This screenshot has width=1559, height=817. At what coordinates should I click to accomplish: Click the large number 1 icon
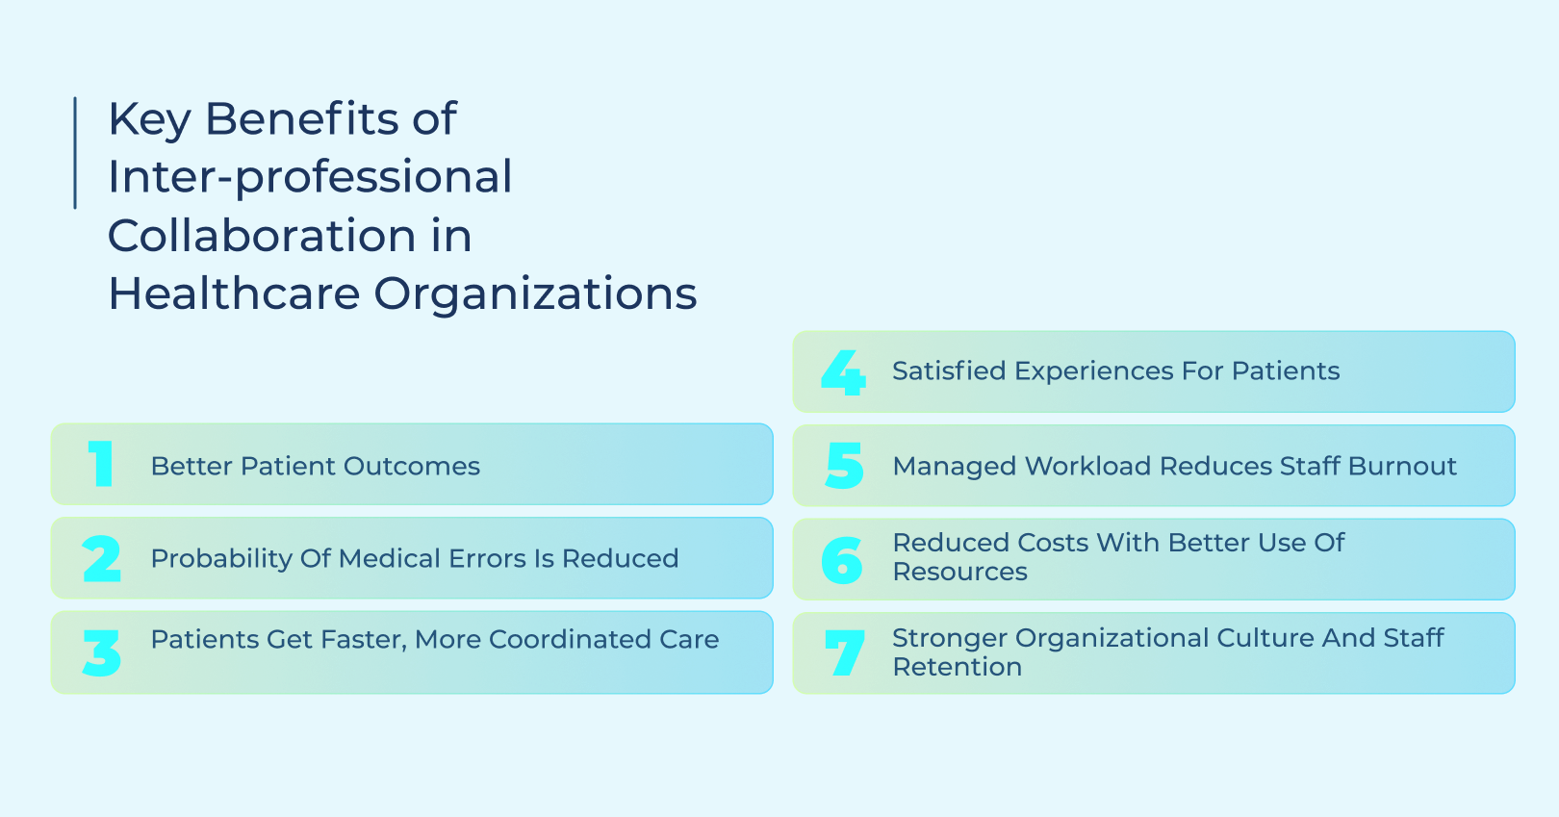click(x=101, y=464)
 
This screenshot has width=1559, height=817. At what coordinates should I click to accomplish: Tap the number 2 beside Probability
click(x=102, y=559)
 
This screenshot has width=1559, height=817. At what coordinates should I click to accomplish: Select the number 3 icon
click(x=102, y=653)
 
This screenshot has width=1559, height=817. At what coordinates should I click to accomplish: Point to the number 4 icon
click(x=843, y=372)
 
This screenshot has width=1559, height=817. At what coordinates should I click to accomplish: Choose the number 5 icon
click(x=844, y=466)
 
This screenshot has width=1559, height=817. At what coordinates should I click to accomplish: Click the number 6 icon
click(x=842, y=560)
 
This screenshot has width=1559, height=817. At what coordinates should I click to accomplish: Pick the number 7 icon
click(x=844, y=652)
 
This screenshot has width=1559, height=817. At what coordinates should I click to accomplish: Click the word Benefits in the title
click(x=301, y=119)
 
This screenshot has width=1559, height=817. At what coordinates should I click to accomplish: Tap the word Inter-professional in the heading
click(x=310, y=177)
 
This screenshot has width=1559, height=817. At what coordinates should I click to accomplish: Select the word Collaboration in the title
click(x=261, y=236)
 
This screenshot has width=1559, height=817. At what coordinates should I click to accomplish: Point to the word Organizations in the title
click(x=535, y=294)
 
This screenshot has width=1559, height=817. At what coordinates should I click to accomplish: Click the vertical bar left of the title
click(x=75, y=152)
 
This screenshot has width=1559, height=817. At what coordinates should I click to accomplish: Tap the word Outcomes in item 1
click(x=412, y=466)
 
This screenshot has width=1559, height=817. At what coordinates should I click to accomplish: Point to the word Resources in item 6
click(x=959, y=572)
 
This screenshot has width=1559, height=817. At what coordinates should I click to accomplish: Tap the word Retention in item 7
click(x=957, y=667)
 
